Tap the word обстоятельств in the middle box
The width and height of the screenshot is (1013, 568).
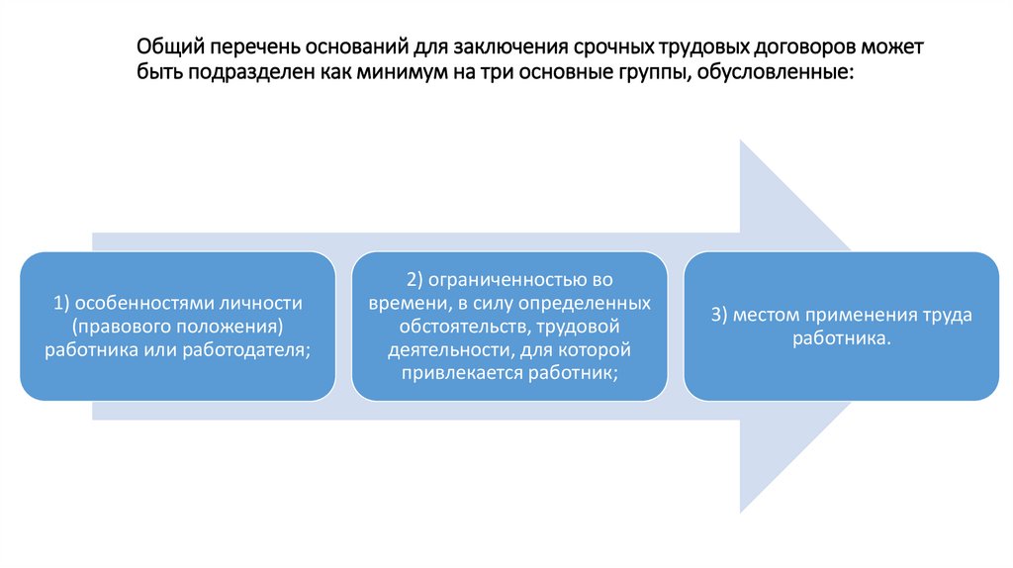tap(455, 326)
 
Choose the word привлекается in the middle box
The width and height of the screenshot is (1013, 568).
tap(459, 373)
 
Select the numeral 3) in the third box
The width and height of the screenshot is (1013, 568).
tap(719, 315)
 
